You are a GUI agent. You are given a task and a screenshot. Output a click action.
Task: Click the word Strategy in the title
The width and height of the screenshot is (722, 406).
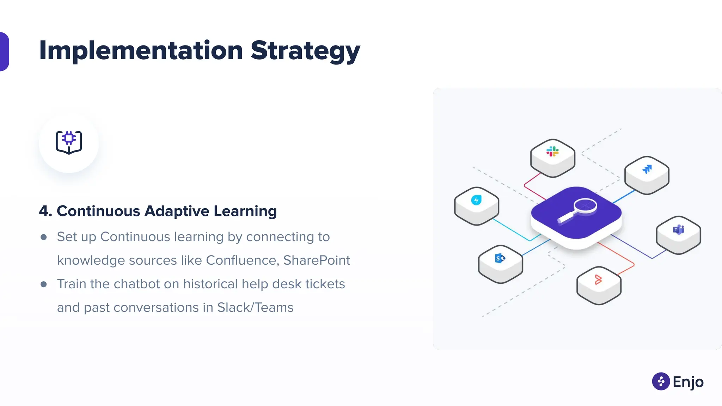click(x=305, y=51)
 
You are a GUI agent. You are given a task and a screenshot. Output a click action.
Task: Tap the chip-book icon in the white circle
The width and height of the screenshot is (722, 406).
click(x=69, y=143)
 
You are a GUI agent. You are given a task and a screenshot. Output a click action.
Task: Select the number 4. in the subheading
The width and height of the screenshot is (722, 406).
click(x=45, y=211)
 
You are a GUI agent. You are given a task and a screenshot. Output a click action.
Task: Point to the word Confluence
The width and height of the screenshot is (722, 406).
click(x=243, y=260)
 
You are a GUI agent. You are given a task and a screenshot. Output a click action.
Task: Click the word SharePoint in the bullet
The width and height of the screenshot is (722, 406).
click(x=316, y=260)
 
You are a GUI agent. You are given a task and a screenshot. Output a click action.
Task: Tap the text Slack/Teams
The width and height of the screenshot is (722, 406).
click(x=255, y=308)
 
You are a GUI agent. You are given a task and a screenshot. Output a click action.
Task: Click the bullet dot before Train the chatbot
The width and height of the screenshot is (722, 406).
click(x=44, y=284)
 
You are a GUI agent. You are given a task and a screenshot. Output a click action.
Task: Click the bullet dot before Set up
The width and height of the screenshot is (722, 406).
click(x=44, y=237)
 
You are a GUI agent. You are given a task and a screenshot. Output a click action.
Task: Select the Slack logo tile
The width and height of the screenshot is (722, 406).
click(x=552, y=155)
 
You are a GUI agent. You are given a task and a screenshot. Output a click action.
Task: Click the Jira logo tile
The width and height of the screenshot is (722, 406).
click(x=647, y=173)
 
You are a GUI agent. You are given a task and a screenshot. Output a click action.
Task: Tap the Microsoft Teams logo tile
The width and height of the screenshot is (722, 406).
click(x=678, y=233)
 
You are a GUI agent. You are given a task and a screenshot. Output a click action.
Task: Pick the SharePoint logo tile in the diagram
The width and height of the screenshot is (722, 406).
click(x=500, y=262)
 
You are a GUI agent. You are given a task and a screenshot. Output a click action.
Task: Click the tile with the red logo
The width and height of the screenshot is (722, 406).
click(x=598, y=283)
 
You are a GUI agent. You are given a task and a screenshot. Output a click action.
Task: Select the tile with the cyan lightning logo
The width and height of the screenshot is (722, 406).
click(x=476, y=204)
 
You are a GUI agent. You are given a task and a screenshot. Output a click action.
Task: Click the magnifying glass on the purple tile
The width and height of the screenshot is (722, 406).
click(x=578, y=210)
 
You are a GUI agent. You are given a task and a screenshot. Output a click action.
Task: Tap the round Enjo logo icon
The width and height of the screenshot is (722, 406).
click(x=661, y=381)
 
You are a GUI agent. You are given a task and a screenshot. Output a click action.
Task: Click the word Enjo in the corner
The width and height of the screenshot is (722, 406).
click(x=688, y=382)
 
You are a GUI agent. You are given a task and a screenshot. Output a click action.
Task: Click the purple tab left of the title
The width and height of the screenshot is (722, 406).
click(x=4, y=51)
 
